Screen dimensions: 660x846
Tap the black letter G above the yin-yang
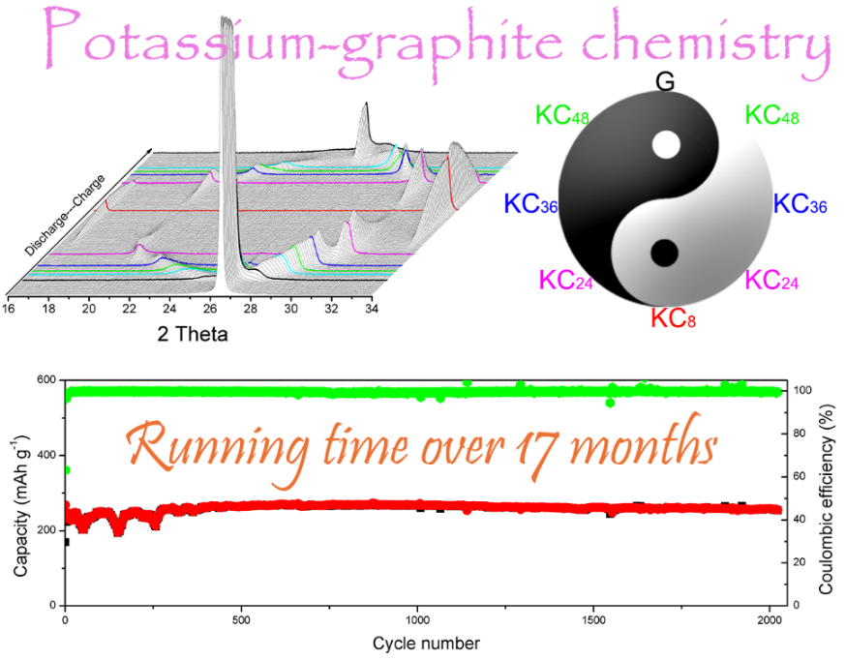click(x=665, y=82)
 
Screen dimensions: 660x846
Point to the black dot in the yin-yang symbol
click(x=664, y=253)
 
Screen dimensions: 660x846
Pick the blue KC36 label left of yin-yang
click(x=531, y=205)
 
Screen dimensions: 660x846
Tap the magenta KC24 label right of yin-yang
click(x=772, y=281)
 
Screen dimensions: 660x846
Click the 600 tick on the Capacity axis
click(x=44, y=380)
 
